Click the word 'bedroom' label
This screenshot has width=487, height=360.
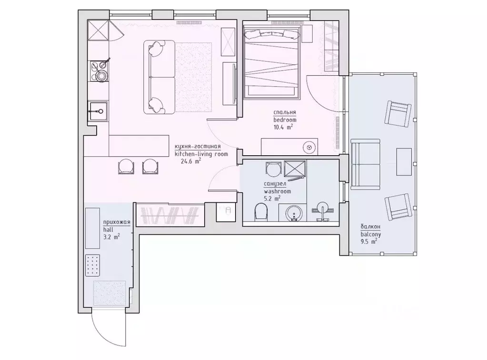(x=285, y=120)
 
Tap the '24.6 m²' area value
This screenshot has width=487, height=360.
(x=190, y=161)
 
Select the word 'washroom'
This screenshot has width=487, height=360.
(x=277, y=191)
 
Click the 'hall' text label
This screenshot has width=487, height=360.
(x=109, y=229)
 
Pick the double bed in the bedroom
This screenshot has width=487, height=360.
(x=272, y=63)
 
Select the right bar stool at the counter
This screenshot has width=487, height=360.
(x=150, y=166)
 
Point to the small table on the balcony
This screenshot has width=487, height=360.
(x=404, y=162)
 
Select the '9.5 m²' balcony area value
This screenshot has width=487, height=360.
(x=369, y=241)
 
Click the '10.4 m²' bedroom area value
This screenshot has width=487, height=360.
(x=283, y=127)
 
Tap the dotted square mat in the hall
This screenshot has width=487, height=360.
(x=92, y=265)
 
